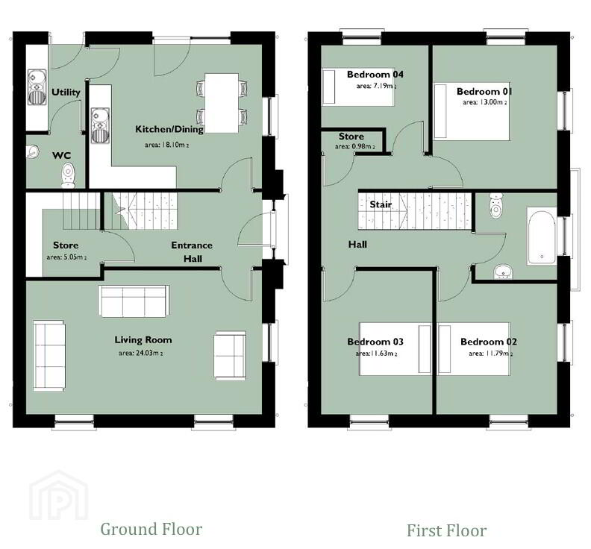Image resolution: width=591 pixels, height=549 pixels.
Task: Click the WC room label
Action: tap(61, 155)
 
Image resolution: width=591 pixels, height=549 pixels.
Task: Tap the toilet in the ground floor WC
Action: tap(68, 175)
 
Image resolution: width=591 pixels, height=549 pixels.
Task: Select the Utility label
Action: tap(66, 92)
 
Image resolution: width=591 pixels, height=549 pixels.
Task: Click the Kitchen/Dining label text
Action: tap(169, 129)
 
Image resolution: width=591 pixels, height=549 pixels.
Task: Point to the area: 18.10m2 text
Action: tap(167, 145)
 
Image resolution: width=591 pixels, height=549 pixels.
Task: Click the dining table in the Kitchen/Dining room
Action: tap(222, 103)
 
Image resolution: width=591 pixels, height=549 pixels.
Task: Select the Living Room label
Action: tap(143, 340)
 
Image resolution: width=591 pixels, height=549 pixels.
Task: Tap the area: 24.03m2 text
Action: tap(140, 354)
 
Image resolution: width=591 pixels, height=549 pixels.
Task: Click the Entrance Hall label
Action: tap(192, 251)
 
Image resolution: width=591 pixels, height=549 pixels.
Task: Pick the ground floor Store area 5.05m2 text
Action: tap(66, 257)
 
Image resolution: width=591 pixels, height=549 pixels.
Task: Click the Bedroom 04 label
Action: tap(375, 75)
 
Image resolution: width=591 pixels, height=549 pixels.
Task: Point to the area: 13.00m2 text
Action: tap(485, 102)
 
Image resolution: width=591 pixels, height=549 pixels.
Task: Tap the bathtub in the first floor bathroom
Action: tap(542, 236)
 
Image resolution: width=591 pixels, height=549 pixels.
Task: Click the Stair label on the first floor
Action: tap(381, 204)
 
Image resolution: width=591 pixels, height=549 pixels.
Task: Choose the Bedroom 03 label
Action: tap(375, 342)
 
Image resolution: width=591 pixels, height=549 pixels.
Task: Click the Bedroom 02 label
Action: tap(489, 342)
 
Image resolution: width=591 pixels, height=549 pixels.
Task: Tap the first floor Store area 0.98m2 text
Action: tap(355, 147)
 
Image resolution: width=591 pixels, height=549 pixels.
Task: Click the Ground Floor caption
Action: tap(151, 529)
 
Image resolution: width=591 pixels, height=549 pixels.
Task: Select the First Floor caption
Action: tap(447, 530)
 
